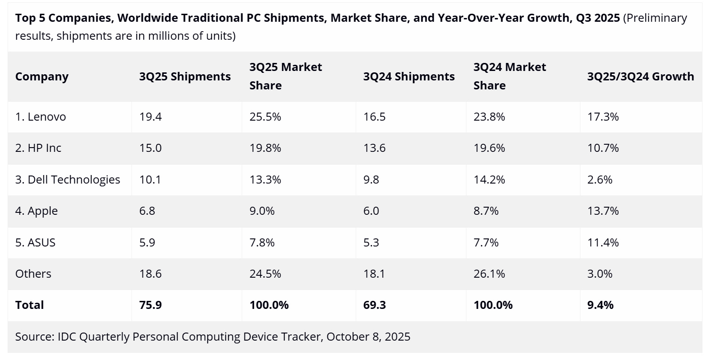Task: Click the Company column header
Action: (42, 77)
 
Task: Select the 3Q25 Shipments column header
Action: (185, 77)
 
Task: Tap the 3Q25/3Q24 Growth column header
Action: (641, 77)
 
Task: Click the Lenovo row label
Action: (41, 116)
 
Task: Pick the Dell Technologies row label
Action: (68, 179)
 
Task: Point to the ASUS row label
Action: (35, 242)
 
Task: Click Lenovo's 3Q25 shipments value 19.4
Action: (150, 116)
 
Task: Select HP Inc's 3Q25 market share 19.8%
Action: (265, 148)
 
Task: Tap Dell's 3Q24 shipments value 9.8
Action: (371, 179)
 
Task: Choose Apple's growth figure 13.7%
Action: (603, 211)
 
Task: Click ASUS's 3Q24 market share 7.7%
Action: (486, 242)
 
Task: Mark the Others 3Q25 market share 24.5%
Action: (265, 273)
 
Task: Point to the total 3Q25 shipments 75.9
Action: (150, 305)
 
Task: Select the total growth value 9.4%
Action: (600, 305)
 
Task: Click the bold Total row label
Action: (29, 305)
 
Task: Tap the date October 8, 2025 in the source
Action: (368, 337)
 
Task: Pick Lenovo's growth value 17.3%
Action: (603, 116)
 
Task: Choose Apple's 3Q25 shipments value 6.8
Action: (147, 211)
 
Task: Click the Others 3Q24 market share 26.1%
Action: (489, 273)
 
